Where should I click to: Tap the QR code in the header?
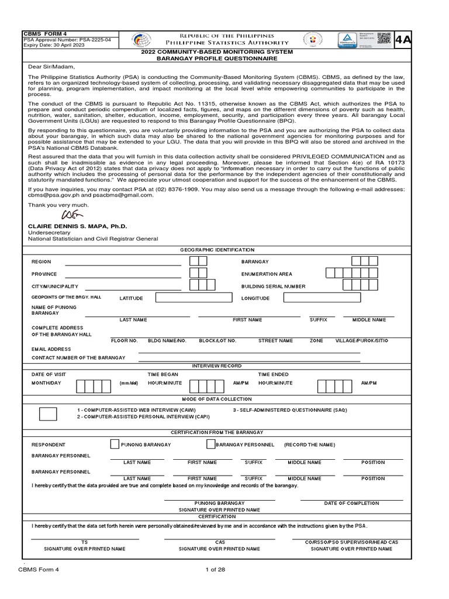[x=384, y=39]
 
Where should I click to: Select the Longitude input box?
[x=314, y=298]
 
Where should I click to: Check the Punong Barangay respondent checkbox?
[x=115, y=444]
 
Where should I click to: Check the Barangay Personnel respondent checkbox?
[x=211, y=444]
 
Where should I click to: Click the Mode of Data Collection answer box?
[x=48, y=414]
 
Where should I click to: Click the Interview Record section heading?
[x=217, y=366]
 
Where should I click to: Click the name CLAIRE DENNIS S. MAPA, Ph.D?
[x=77, y=226]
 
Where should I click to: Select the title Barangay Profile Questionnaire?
[x=217, y=59]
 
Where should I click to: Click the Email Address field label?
[x=51, y=349]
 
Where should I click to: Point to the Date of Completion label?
[x=351, y=503]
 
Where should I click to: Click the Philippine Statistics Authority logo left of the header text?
[x=141, y=39]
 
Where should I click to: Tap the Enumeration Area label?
[x=267, y=274]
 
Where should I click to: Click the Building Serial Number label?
[x=273, y=286]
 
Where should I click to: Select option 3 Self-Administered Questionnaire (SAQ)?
[x=289, y=410]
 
